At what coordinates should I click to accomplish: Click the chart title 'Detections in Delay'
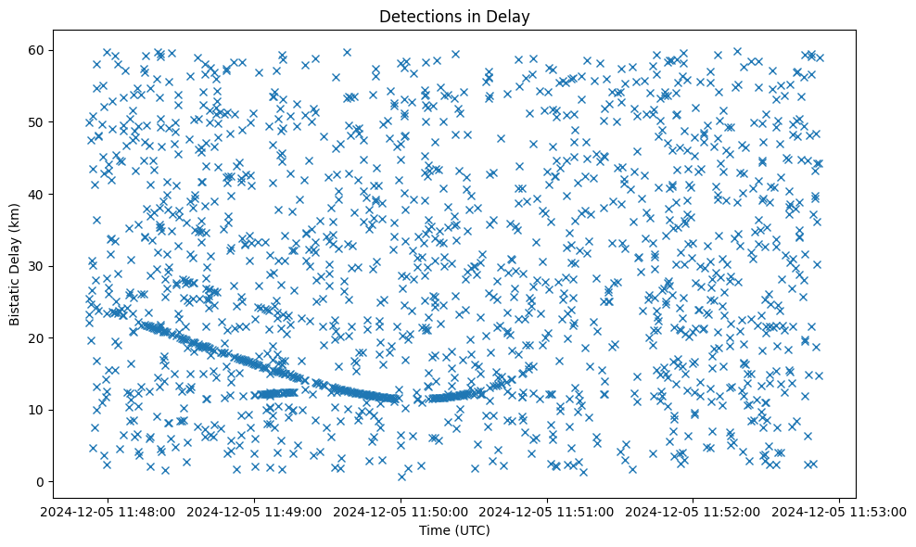454,16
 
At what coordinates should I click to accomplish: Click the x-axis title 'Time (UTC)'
454,530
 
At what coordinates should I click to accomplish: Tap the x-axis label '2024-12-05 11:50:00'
401,511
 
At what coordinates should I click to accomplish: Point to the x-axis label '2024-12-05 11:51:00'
546,511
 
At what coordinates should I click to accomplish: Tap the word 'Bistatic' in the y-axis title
16,298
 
